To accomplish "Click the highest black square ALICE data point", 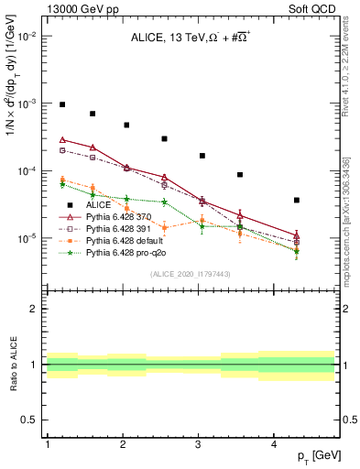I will coord(62,104).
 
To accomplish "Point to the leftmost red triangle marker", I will coord(62,139).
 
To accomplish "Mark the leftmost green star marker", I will coord(62,184).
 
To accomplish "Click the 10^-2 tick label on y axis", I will coord(29,37).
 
